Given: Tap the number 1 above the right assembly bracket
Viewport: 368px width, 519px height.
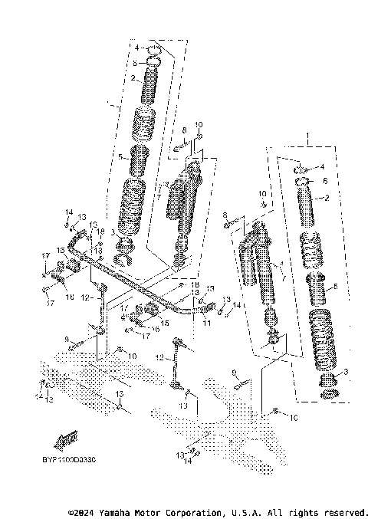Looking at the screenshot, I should (x=308, y=141).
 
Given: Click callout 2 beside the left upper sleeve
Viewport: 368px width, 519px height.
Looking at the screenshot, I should (x=133, y=78).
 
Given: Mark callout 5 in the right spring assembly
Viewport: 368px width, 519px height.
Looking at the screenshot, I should (x=335, y=288).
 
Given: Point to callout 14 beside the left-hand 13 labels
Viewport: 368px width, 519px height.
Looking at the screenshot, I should (x=68, y=212).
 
